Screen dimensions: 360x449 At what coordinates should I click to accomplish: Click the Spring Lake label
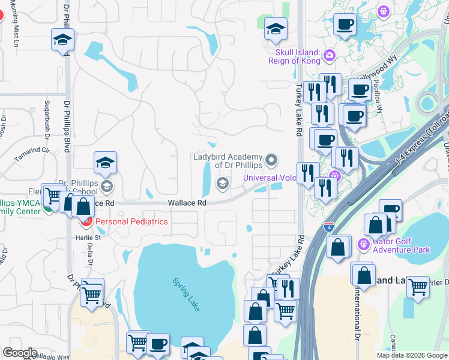pos(186,294)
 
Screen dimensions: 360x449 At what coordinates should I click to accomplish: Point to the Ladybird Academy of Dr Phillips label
pos(228,161)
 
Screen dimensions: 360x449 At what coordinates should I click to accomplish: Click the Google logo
pos(20,353)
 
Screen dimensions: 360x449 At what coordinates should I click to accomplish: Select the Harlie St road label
pos(88,237)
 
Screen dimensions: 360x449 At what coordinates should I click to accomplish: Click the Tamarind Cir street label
pos(31,156)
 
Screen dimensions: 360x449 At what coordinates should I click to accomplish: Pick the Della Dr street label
pos(91,254)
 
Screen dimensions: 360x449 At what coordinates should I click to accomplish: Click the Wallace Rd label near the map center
pos(187,203)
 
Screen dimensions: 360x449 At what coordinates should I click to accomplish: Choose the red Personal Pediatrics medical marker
pos(86,221)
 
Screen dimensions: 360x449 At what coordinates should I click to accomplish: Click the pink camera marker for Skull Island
pos(329,56)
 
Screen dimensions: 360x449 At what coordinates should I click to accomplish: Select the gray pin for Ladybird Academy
pos(272,160)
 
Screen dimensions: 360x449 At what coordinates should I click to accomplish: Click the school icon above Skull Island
pos(276,29)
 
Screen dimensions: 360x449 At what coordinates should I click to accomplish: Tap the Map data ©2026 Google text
pos(412,355)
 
